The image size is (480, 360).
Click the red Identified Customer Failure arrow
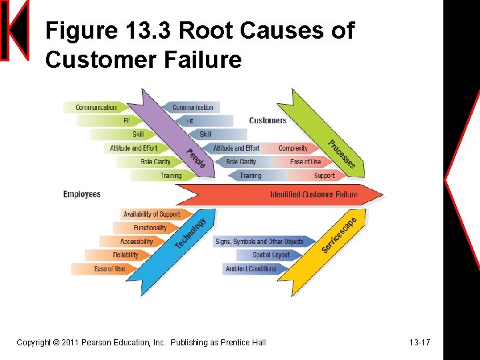[313, 195]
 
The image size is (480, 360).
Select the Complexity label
[293, 148]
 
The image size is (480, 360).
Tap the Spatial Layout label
[271, 255]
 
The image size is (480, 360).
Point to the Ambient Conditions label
[251, 269]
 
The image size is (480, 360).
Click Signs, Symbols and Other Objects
[259, 241]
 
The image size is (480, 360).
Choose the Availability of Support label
[151, 214]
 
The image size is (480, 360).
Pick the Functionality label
[150, 228]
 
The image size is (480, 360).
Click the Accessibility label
[137, 241]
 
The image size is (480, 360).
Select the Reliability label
[125, 255]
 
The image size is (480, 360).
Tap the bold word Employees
[81, 195]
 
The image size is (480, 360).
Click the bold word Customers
[267, 121]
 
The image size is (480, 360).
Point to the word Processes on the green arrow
[341, 154]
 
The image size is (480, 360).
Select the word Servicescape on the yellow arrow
[339, 235]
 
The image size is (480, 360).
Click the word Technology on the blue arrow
[190, 230]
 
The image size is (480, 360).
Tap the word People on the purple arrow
[195, 158]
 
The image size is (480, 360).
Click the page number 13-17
[419, 343]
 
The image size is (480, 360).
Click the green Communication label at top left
[96, 107]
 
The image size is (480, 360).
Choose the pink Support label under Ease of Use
[324, 175]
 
